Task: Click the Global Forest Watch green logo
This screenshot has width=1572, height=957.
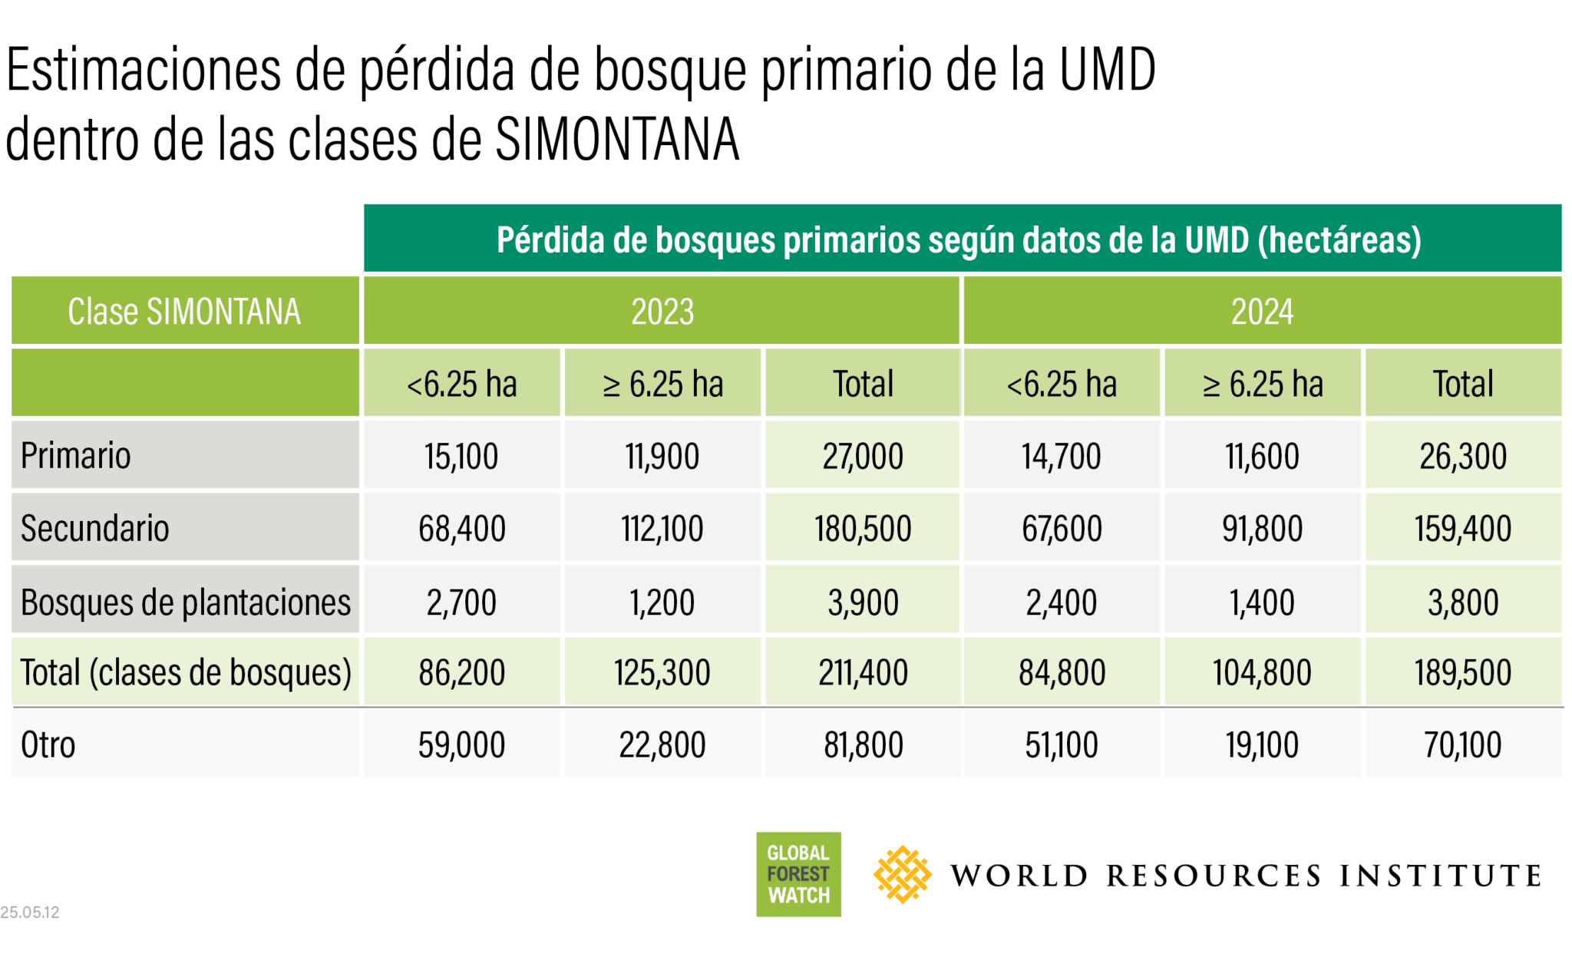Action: pos(798,874)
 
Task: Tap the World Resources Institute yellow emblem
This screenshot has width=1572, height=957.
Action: pos(902,874)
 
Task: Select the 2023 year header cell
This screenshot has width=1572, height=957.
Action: pos(662,311)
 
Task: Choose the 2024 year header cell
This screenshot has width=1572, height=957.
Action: pos(1263,311)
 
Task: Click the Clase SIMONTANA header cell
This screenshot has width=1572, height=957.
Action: pos(185,311)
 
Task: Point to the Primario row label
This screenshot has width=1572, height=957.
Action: pos(76,455)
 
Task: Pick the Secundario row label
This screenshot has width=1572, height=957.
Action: pos(95,528)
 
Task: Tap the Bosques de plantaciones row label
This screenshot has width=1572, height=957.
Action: pos(186,602)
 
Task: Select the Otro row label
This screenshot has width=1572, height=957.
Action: pos(48,744)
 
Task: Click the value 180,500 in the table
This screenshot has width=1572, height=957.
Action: pos(863,528)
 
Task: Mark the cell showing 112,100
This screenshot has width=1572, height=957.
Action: pos(662,528)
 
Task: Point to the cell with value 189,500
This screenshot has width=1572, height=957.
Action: pos(1463,672)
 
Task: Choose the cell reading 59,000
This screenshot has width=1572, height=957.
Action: pos(462,744)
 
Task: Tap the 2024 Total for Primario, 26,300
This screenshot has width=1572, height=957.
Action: pos(1463,456)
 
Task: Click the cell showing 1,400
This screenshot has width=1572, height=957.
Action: pos(1263,602)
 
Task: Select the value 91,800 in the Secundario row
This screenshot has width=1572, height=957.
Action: pos(1263,528)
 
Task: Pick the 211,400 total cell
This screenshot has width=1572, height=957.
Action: pos(863,672)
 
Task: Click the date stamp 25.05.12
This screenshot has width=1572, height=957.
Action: pos(30,912)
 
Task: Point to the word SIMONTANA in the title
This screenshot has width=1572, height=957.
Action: pos(617,139)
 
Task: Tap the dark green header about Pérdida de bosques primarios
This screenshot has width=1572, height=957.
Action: pos(963,238)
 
